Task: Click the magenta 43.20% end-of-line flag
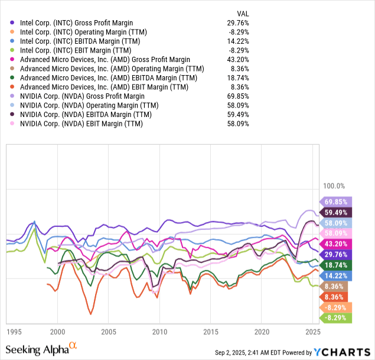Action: click(335, 244)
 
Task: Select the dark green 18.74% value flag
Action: click(335, 265)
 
